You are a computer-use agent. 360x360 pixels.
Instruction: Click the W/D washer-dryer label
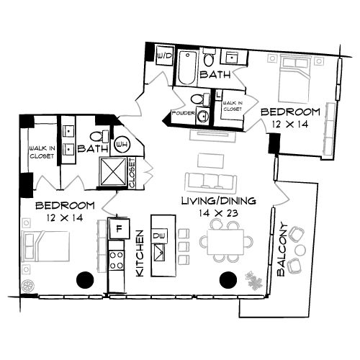coord(163,55)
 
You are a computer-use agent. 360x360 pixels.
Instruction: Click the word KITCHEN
coord(141,255)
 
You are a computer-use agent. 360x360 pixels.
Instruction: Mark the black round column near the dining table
coord(228,279)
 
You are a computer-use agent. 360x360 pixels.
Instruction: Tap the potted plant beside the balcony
coord(253,279)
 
